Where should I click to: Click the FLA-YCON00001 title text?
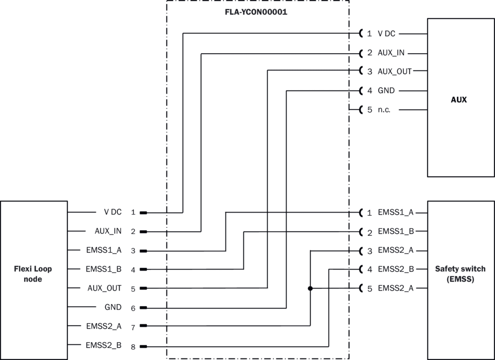point(257,11)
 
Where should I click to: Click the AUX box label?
point(460,99)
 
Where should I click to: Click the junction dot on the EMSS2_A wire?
point(310,288)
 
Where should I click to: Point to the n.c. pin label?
point(384,110)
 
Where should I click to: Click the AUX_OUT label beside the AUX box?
point(394,72)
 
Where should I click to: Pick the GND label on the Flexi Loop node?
point(113,307)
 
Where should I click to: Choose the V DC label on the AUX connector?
point(386,34)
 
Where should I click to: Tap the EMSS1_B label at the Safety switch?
point(395,232)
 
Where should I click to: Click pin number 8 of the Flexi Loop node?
point(133,347)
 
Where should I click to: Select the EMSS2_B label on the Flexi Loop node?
point(104,345)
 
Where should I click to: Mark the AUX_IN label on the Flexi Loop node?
point(108,231)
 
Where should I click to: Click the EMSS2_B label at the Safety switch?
point(395,269)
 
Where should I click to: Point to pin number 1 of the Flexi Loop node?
point(133,213)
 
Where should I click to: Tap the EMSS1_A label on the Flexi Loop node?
point(104,250)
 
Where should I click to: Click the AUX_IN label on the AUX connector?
point(391,53)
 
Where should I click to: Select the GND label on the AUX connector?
point(386,91)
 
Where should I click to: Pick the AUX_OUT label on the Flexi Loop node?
point(104,288)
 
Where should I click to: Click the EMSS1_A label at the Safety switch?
point(395,213)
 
